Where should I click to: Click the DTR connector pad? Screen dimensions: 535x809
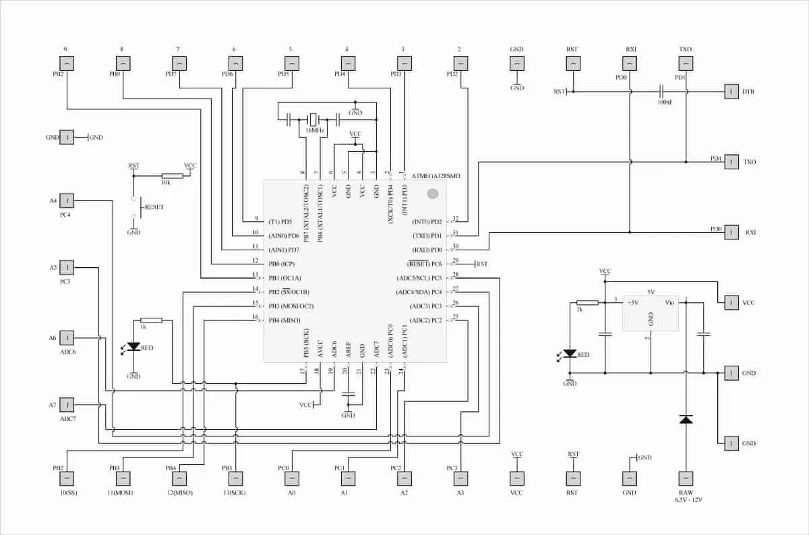pyautogui.click(x=731, y=92)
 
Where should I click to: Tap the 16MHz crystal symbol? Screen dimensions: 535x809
pyautogui.click(x=313, y=119)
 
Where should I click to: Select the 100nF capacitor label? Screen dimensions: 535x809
pyautogui.click(x=664, y=102)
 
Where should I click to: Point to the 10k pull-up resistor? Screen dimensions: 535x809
pyautogui.click(x=168, y=175)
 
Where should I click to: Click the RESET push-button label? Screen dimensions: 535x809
pyautogui.click(x=154, y=206)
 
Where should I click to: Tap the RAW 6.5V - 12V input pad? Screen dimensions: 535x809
pyautogui.click(x=686, y=478)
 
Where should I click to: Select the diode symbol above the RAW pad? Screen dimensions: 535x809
pyautogui.click(x=686, y=420)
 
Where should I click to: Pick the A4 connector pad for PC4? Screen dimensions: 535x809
pyautogui.click(x=67, y=200)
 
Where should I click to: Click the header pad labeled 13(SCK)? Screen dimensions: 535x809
pyautogui.click(x=236, y=478)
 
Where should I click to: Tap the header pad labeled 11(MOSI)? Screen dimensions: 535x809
pyautogui.click(x=123, y=478)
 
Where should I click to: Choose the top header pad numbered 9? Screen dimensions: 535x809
pyautogui.click(x=67, y=63)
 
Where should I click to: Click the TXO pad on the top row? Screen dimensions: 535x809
pyautogui.click(x=686, y=63)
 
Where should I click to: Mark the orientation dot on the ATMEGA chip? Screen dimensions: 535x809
pyautogui.click(x=433, y=194)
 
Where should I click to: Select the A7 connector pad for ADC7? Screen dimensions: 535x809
pyautogui.click(x=67, y=405)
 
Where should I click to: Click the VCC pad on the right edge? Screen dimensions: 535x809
pyautogui.click(x=731, y=303)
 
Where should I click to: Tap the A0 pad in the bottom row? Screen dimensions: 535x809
pyautogui.click(x=291, y=478)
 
